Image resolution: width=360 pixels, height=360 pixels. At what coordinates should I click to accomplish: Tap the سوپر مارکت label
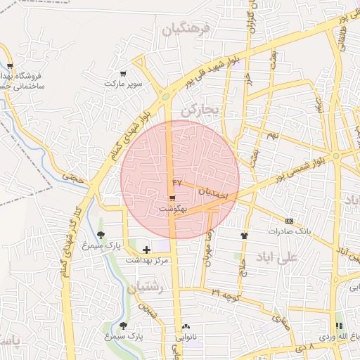[124, 84]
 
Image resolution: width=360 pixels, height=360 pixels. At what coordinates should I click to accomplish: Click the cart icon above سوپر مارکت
[124, 73]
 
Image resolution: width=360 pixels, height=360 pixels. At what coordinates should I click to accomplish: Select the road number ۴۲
[176, 182]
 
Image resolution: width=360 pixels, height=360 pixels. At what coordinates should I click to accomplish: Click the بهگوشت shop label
[173, 210]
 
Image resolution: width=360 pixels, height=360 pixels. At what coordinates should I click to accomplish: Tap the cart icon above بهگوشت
[173, 199]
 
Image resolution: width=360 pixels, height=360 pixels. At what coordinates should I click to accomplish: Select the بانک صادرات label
[289, 231]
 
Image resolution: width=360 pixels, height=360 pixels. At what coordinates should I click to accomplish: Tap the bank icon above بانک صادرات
[289, 220]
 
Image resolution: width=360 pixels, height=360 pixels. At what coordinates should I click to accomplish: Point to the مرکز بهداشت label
[148, 260]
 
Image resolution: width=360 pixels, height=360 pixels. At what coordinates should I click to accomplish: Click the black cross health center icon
[146, 249]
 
